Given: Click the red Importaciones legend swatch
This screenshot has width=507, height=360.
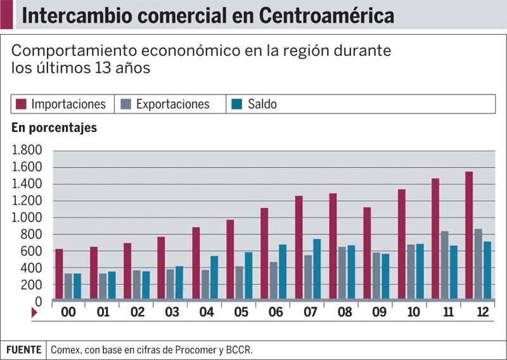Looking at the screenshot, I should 21,104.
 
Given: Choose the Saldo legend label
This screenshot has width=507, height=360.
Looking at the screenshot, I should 262,104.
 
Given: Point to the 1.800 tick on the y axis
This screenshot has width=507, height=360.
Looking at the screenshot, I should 27,151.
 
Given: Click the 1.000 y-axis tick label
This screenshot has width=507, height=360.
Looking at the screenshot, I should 27,218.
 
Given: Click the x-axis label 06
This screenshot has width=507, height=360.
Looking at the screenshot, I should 274,312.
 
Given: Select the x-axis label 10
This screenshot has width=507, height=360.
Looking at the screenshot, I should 411,312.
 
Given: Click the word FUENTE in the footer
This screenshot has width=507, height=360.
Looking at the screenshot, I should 23,350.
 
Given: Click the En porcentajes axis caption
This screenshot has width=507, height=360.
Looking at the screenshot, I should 54,127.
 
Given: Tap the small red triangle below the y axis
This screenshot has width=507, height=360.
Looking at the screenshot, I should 35,312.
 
